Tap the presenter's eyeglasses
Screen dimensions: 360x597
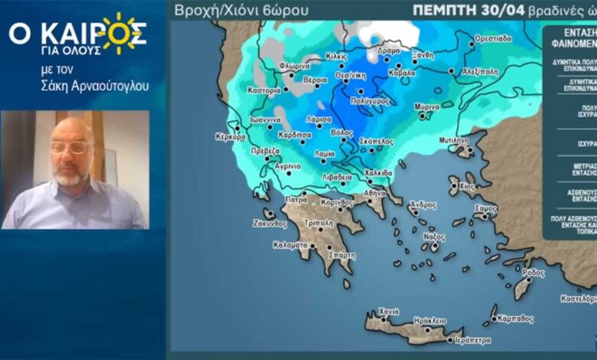[x=70, y=147]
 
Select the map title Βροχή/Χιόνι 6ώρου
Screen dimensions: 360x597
[x=242, y=11]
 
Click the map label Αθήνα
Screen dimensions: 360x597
[x=375, y=193]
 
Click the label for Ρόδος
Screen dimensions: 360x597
[x=533, y=273]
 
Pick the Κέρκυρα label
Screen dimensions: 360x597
[x=230, y=137]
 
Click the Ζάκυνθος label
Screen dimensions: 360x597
[x=269, y=224]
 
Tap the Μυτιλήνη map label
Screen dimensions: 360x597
[x=453, y=141]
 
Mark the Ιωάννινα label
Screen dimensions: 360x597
[x=266, y=120]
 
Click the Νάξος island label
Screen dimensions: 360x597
[x=435, y=237]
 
